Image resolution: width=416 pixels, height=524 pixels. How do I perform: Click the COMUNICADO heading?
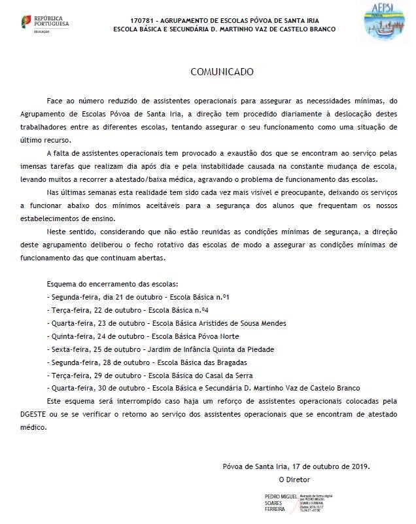point(221,71)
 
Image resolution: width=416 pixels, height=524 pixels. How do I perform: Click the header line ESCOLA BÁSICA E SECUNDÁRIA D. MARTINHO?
point(224,29)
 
